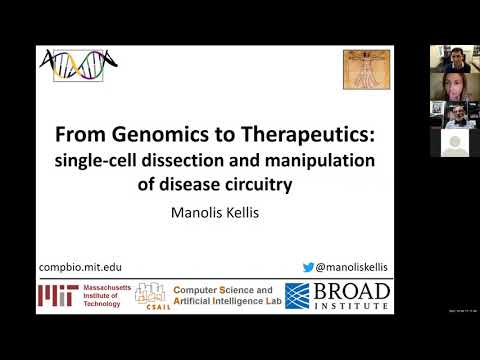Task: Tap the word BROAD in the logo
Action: tap(351, 291)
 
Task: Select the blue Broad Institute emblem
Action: tap(297, 296)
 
